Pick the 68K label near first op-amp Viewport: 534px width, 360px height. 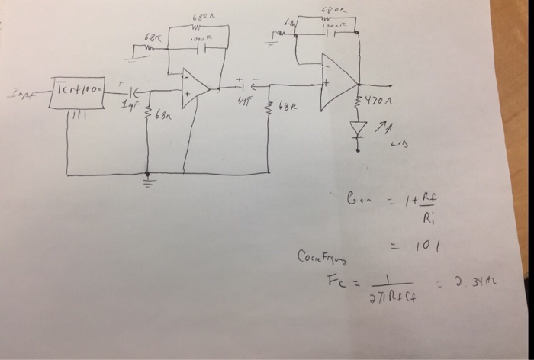[153, 38]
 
